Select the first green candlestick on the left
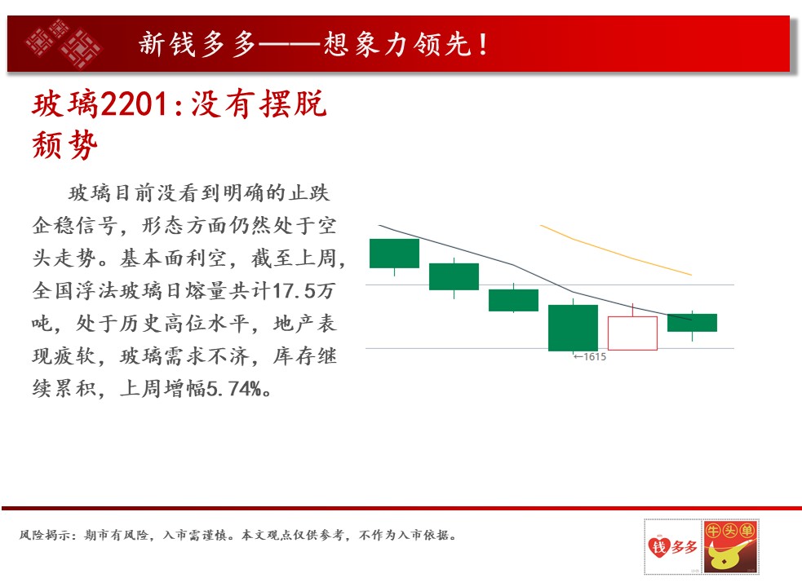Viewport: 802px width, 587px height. point(394,253)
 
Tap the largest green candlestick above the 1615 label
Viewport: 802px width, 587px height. point(573,328)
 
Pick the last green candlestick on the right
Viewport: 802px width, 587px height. point(692,323)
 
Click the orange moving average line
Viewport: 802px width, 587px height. point(616,250)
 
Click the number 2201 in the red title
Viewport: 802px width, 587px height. point(134,104)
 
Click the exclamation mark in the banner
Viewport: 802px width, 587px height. point(483,44)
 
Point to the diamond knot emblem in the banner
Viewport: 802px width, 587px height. point(64,43)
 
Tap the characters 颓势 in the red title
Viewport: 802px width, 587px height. point(64,144)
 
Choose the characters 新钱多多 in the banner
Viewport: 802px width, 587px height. point(197,44)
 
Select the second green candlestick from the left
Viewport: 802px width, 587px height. point(454,276)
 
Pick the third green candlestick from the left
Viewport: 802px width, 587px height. point(513,300)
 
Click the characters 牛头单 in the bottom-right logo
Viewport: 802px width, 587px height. point(730,531)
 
